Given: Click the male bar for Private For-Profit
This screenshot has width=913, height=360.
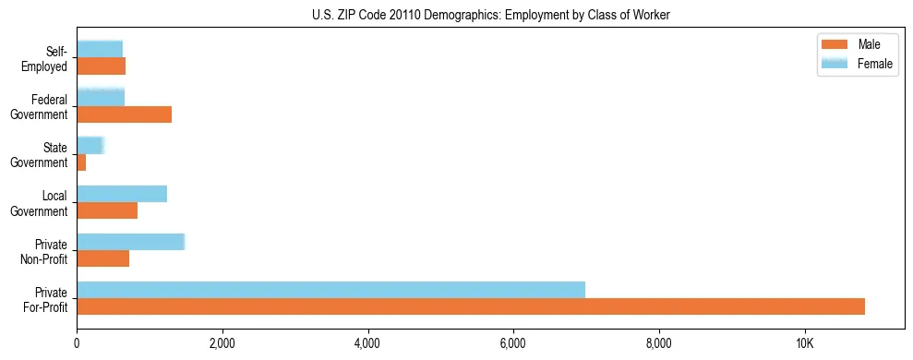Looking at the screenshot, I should tap(471, 306).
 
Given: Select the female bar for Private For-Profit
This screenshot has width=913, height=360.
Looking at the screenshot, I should tap(330, 290).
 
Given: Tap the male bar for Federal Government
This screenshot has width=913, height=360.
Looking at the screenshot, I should tap(124, 114).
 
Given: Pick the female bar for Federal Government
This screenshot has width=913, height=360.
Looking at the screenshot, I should tap(101, 97).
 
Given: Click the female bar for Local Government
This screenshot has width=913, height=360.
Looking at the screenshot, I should tap(122, 194).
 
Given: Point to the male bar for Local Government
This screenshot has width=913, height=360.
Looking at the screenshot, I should tap(107, 210).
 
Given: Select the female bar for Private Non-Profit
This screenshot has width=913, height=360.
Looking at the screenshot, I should tap(130, 242).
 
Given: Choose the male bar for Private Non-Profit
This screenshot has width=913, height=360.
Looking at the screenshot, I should tap(102, 258).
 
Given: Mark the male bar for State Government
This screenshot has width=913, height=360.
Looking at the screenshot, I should tap(81, 162).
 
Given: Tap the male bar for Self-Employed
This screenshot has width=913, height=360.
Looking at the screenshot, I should tap(101, 66).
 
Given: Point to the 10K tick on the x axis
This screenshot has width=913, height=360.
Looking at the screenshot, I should tap(804, 343).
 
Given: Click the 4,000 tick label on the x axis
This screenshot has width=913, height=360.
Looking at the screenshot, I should tap(367, 343).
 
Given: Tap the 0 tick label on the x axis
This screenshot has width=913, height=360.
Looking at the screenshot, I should tap(77, 343).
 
